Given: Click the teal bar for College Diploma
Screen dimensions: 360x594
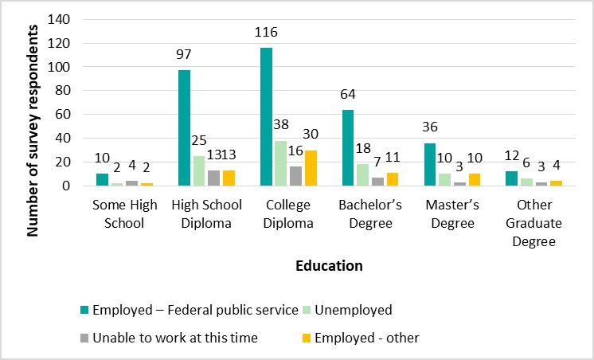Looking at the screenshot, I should (x=267, y=117).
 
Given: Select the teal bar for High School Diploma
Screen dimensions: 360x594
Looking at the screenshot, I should (x=184, y=128).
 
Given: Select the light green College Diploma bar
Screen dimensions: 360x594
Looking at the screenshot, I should (x=282, y=163).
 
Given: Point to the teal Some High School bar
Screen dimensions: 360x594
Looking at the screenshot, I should (x=101, y=180).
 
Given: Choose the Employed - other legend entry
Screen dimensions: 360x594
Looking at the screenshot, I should (x=367, y=338).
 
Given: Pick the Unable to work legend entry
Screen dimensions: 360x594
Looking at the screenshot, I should (x=175, y=338).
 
